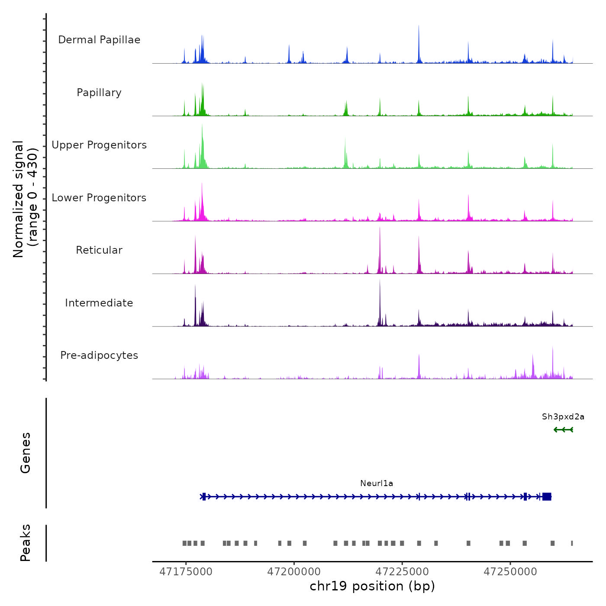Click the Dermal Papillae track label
pos(99,40)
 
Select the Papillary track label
pos(99,93)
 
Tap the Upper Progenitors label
pos(99,145)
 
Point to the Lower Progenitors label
pos(99,198)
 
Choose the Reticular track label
pos(99,250)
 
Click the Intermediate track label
pos(99,303)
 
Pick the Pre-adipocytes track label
pos(99,355)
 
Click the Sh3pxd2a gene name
pos(563,417)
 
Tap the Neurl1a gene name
pos(377,484)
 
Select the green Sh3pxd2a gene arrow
pos(563,430)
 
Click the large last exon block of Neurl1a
pos(547,496)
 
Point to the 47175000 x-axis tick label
pos(186,572)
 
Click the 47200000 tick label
pos(294,572)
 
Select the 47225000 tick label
pos(402,572)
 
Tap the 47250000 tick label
pos(510,572)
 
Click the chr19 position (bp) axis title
pos(372,586)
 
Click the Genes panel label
pos(26,453)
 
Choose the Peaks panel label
pos(26,543)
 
